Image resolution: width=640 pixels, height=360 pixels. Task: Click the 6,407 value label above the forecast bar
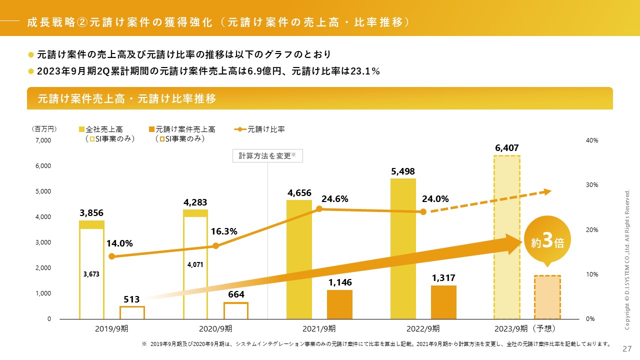tap(506, 148)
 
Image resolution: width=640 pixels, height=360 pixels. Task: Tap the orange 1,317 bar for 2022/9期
tap(443, 302)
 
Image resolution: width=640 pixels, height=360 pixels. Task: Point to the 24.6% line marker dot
tap(319, 209)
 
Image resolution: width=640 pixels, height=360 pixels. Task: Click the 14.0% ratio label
tap(119, 243)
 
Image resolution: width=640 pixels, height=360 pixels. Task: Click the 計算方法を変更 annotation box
tap(267, 155)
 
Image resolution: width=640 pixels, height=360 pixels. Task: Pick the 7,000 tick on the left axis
tap(43, 141)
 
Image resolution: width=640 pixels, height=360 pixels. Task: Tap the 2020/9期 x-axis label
tap(215, 329)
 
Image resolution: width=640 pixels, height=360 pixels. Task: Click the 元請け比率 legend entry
tap(259, 129)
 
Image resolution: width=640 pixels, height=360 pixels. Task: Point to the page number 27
tap(627, 348)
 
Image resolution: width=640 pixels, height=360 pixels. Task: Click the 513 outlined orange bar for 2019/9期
tap(132, 312)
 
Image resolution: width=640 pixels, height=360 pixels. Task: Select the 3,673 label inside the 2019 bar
tap(91, 274)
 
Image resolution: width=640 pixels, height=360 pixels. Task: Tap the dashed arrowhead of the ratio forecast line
tap(547, 191)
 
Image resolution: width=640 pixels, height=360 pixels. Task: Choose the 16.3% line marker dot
tap(215, 246)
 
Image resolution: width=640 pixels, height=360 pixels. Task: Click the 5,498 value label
tap(403, 171)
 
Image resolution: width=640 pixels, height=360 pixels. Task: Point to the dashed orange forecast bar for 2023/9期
tap(547, 297)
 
